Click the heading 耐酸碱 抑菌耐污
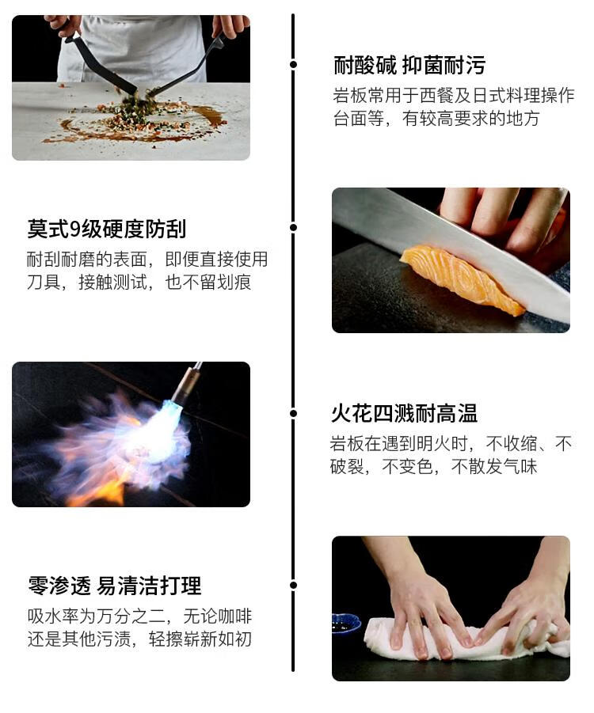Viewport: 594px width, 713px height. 409,66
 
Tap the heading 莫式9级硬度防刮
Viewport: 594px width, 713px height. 106,229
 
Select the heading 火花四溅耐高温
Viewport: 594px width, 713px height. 404,414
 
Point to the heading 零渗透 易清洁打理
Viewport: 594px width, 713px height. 114,586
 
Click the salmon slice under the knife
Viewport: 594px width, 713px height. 461,279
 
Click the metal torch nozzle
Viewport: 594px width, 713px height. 188,385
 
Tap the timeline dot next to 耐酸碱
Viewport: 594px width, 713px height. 293,65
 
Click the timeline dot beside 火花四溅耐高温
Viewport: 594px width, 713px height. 293,413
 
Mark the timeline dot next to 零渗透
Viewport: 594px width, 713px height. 293,585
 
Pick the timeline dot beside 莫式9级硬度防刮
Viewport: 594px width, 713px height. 293,227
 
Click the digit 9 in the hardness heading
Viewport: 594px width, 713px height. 75,229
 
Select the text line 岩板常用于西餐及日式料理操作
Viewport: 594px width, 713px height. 454,96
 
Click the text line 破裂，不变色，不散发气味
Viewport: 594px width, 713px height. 434,467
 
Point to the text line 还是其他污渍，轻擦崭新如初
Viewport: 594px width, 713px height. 139,639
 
